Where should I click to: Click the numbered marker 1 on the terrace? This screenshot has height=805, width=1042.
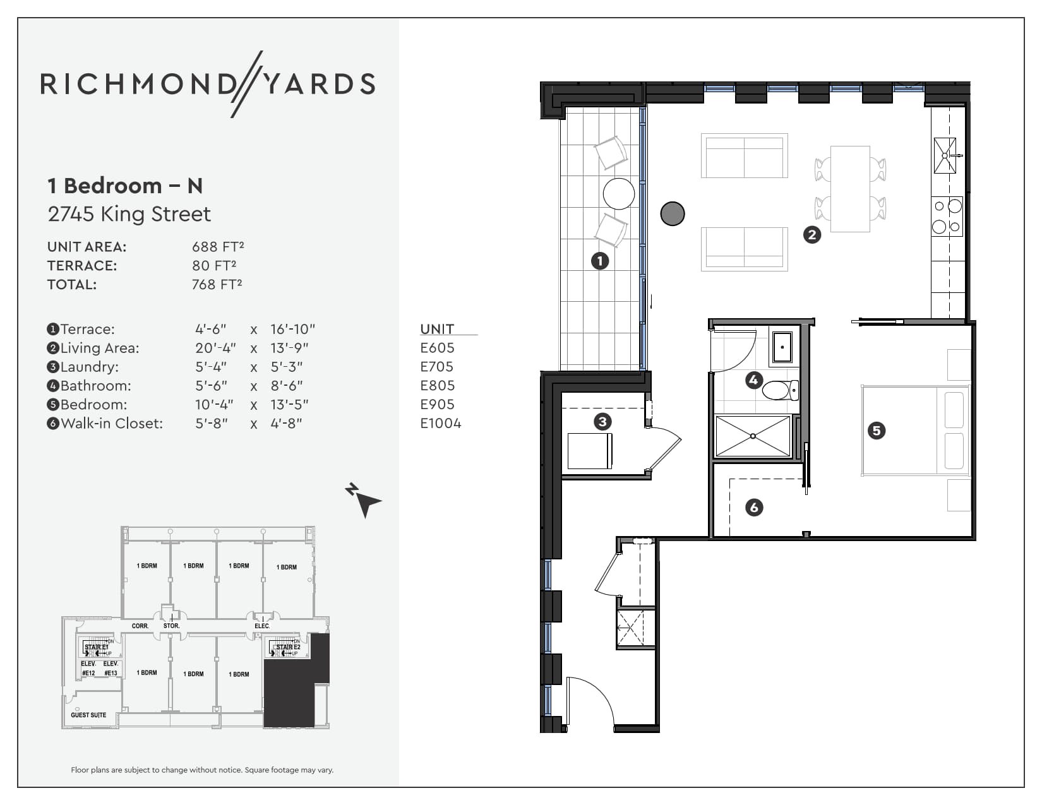coord(599,260)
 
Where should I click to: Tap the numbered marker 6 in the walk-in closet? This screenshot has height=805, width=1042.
coord(753,507)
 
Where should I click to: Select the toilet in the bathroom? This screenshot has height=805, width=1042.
coord(781,390)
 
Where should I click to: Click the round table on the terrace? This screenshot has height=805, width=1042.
coord(618,194)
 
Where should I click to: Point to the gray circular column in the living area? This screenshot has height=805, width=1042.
coord(673,213)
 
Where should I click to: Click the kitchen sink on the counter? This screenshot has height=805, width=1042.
coord(945,155)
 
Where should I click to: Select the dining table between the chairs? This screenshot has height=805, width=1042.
coord(850,189)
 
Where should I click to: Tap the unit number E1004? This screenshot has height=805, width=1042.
coord(441,424)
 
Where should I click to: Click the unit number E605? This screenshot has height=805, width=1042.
coord(437,348)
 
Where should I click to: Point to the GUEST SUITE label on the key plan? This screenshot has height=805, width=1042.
coord(88,715)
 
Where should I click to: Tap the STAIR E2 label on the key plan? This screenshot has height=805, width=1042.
coord(288,647)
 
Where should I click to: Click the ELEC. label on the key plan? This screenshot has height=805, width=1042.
coord(261,626)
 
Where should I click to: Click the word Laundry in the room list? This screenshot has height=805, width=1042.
coord(89,367)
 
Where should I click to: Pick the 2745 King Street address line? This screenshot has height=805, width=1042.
coord(129,214)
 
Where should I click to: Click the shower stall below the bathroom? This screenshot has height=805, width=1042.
coord(752,436)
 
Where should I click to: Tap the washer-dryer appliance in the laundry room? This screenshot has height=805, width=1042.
coord(589,451)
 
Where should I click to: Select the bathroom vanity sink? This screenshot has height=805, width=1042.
coord(782,347)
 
